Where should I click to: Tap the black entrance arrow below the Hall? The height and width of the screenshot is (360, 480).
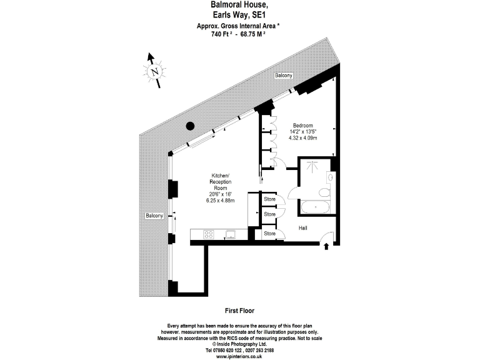click(326, 247)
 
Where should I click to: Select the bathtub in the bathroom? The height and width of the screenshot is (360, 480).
click(316, 207)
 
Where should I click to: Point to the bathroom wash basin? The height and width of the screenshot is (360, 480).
click(330, 177)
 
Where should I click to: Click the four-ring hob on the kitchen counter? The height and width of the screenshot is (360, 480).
click(208, 234)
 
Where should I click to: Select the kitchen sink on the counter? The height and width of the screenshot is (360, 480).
click(230, 234)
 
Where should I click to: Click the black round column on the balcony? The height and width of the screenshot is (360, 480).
click(190, 126)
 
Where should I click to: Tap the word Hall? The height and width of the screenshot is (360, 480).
click(302, 229)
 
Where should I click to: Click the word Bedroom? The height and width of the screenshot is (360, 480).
click(302, 126)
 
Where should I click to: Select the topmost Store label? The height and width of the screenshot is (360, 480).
click(269, 199)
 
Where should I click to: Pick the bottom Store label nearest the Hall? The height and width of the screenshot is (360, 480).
click(269, 234)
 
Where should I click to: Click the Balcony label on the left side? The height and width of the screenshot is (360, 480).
click(154, 216)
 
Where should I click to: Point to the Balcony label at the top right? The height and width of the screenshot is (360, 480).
click(284, 76)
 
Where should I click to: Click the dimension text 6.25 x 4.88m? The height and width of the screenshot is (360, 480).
click(220, 201)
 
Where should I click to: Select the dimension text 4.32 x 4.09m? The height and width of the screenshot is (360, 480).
click(302, 138)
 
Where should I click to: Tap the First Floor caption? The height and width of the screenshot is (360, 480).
click(239, 311)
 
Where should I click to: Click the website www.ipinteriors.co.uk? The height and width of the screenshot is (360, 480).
click(239, 356)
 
